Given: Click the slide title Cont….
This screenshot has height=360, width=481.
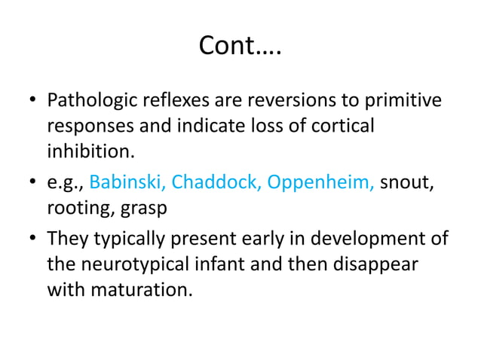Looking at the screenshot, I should pos(240,47).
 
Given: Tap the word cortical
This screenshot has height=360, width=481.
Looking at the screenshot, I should pos(342,127).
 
